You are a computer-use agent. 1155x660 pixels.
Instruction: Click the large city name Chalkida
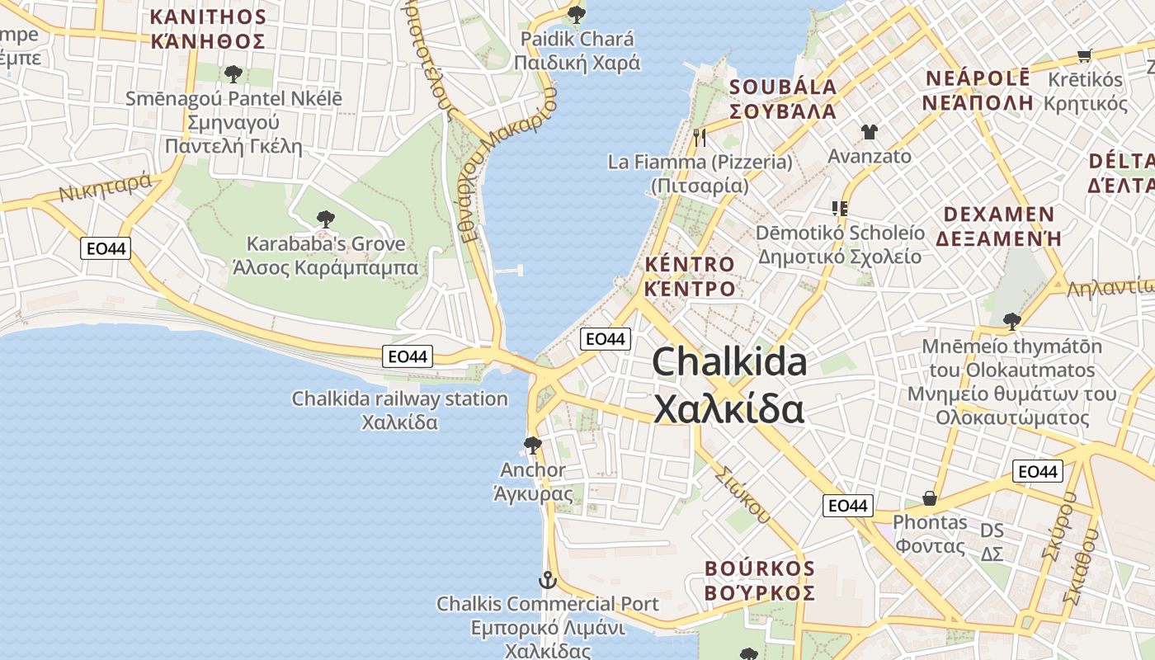pyautogui.click(x=729, y=363)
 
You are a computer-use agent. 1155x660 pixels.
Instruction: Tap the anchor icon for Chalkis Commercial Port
pyautogui.click(x=547, y=581)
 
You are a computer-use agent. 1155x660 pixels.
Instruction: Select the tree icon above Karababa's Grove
pyautogui.click(x=326, y=219)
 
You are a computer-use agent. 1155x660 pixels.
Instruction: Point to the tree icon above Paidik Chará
pyautogui.click(x=576, y=15)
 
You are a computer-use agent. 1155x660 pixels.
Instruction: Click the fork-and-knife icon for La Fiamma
pyautogui.click(x=700, y=137)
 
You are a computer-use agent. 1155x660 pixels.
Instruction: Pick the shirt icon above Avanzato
pyautogui.click(x=869, y=131)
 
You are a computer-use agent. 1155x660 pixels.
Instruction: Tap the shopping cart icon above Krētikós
pyautogui.click(x=1085, y=56)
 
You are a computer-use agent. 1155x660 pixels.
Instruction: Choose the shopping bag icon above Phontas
pyautogui.click(x=930, y=498)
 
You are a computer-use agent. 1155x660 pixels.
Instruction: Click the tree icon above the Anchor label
pyautogui.click(x=533, y=445)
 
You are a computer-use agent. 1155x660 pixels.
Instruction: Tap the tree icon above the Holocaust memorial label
pyautogui.click(x=1011, y=321)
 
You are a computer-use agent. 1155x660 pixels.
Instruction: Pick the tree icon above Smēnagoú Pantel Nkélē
pyautogui.click(x=233, y=73)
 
